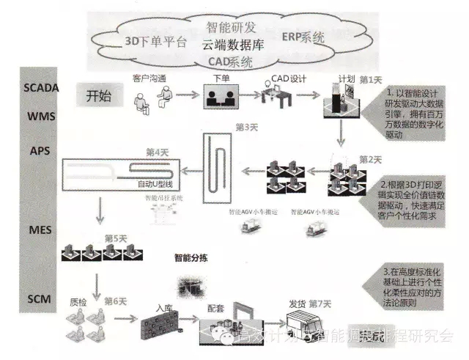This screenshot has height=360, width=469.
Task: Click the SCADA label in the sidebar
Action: (x=37, y=87)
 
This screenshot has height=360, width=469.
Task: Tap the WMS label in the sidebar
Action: (x=37, y=117)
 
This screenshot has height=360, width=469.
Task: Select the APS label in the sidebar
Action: (x=37, y=150)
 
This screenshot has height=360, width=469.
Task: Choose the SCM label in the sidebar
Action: (x=37, y=299)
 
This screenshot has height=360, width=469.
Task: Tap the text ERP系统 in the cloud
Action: (x=303, y=37)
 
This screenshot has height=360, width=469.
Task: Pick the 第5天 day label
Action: (x=117, y=238)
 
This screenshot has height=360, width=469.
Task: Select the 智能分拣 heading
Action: (x=193, y=257)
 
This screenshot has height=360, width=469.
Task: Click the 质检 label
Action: (x=78, y=301)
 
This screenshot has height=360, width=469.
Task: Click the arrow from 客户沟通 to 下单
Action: (x=187, y=95)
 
